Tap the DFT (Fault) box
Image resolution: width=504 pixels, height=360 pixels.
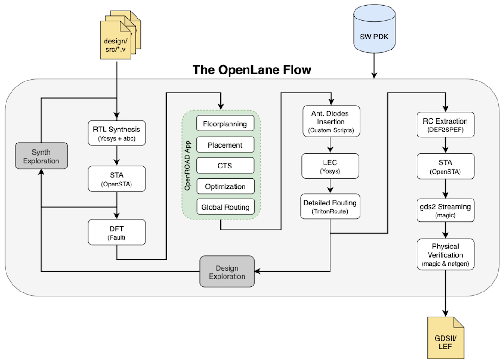click(x=117, y=232)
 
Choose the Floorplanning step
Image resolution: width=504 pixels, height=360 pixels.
click(x=225, y=124)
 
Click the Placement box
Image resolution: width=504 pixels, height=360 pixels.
click(x=225, y=145)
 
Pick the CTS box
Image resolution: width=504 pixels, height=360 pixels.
click(x=225, y=166)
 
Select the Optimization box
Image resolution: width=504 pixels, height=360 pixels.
click(x=225, y=186)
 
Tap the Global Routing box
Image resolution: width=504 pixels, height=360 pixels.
click(x=225, y=207)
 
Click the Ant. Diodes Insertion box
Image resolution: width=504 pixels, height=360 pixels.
click(x=330, y=122)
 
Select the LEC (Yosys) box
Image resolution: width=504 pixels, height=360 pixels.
click(x=330, y=166)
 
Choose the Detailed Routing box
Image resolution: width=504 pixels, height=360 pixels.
click(x=330, y=206)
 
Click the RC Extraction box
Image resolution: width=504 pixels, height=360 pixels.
click(x=446, y=125)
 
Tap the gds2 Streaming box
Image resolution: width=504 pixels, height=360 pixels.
click(x=446, y=211)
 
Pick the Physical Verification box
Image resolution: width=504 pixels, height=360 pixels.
click(x=446, y=254)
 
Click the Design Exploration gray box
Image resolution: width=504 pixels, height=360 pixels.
click(x=227, y=272)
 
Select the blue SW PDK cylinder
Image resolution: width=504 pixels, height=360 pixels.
click(x=375, y=37)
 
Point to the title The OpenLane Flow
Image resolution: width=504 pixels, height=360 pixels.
click(x=252, y=70)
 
